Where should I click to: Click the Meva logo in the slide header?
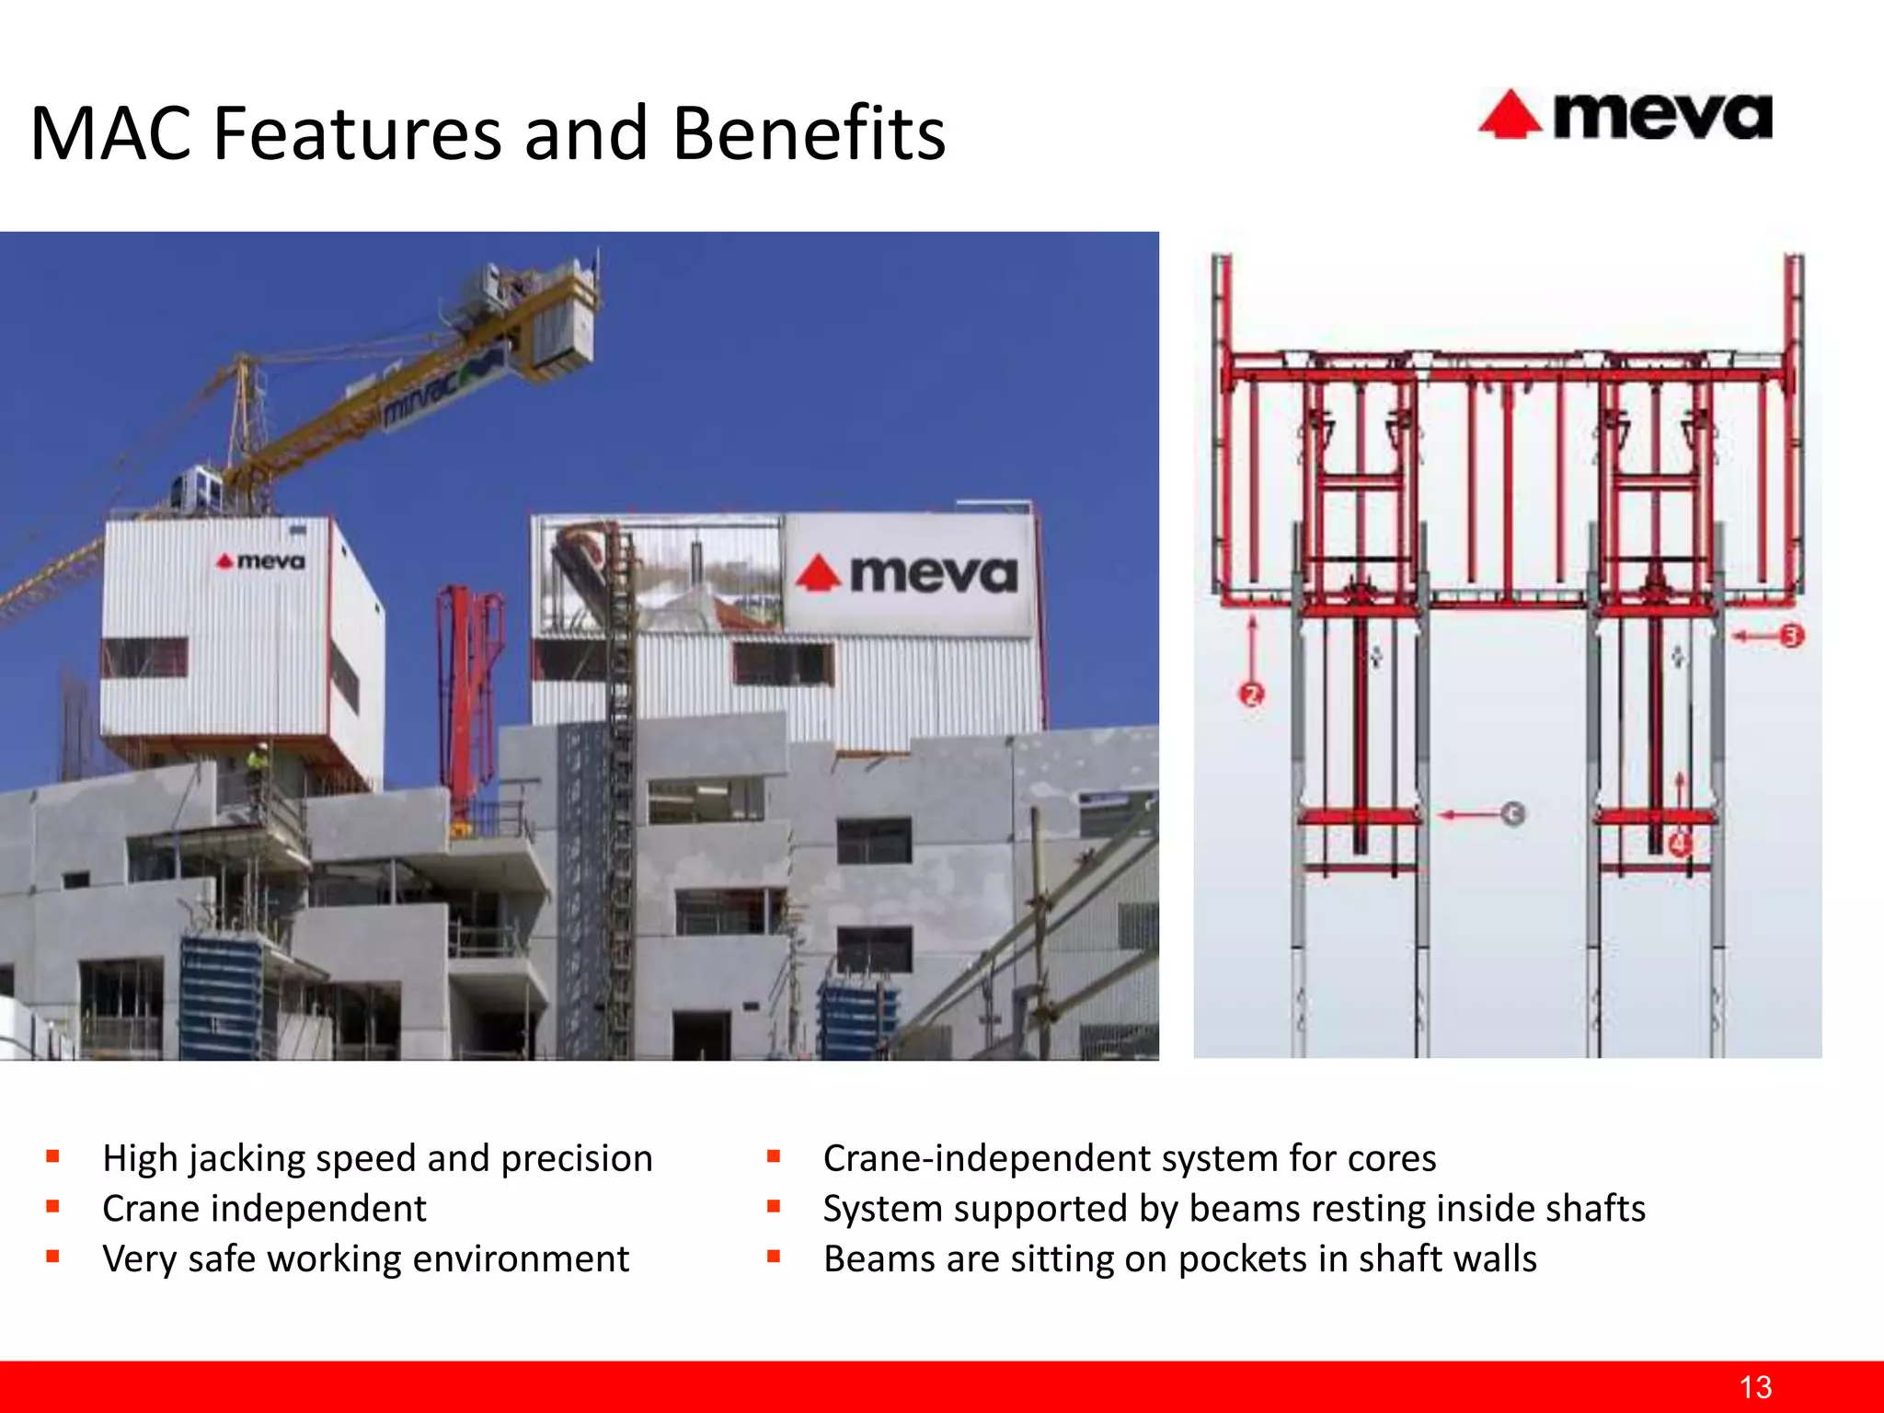[x=1626, y=116]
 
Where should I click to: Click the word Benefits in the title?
[x=809, y=133]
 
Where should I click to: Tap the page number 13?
[x=1755, y=1386]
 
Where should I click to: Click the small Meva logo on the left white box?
[x=260, y=560]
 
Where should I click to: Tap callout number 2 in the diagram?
[x=1251, y=695]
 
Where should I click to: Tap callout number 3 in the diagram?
[x=1790, y=636]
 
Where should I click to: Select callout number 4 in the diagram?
[x=1679, y=843]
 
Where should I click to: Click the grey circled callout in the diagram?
[x=1512, y=814]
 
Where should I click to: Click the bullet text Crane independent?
[x=264, y=1208]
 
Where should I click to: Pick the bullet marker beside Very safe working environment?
[x=53, y=1257]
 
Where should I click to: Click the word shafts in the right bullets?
[x=1595, y=1208]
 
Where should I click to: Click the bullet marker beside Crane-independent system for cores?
[x=774, y=1156]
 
